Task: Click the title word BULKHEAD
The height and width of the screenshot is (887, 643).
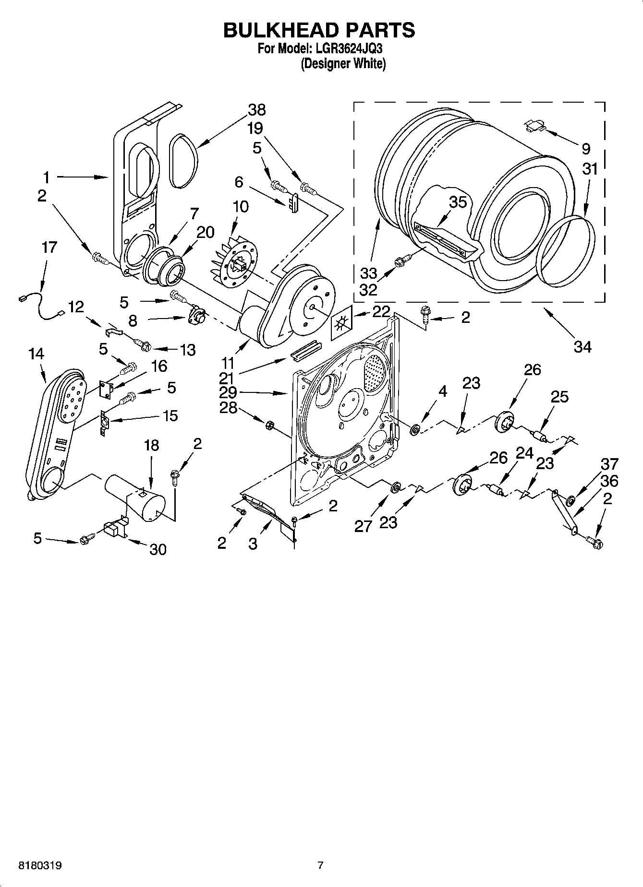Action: [x=276, y=30]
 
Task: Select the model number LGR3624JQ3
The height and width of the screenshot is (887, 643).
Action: [x=350, y=49]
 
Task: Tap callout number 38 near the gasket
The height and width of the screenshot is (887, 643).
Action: [x=257, y=110]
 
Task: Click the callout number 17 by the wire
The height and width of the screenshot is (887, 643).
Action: [x=49, y=248]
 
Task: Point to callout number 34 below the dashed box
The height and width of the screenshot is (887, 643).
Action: [x=582, y=346]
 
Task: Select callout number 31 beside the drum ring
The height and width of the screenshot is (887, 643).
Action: [x=590, y=169]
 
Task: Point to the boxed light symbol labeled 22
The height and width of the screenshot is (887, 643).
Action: [x=342, y=324]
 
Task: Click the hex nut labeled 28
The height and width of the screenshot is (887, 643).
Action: [x=270, y=424]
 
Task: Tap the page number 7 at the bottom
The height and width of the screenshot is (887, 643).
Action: [x=320, y=865]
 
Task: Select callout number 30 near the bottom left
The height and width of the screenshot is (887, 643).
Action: [x=158, y=549]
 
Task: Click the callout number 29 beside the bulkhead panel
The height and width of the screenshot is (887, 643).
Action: [x=228, y=392]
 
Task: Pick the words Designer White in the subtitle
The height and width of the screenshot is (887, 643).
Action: [x=343, y=63]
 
